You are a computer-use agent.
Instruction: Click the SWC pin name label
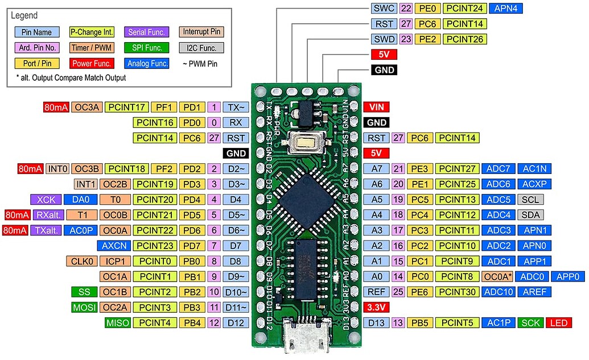click(x=382, y=9)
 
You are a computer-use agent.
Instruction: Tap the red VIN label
click(x=376, y=107)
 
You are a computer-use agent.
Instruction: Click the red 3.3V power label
click(x=376, y=308)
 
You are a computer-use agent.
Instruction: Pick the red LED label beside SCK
click(x=558, y=323)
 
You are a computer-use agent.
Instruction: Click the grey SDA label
click(x=530, y=215)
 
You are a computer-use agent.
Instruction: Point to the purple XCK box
click(x=46, y=200)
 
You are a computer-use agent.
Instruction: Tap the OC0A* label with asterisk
click(x=497, y=277)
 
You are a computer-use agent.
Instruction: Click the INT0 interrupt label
click(x=57, y=169)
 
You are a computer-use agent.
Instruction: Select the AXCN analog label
click(x=115, y=246)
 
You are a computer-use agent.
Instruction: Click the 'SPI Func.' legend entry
click(x=147, y=48)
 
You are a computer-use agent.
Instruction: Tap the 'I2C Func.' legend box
click(x=200, y=48)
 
